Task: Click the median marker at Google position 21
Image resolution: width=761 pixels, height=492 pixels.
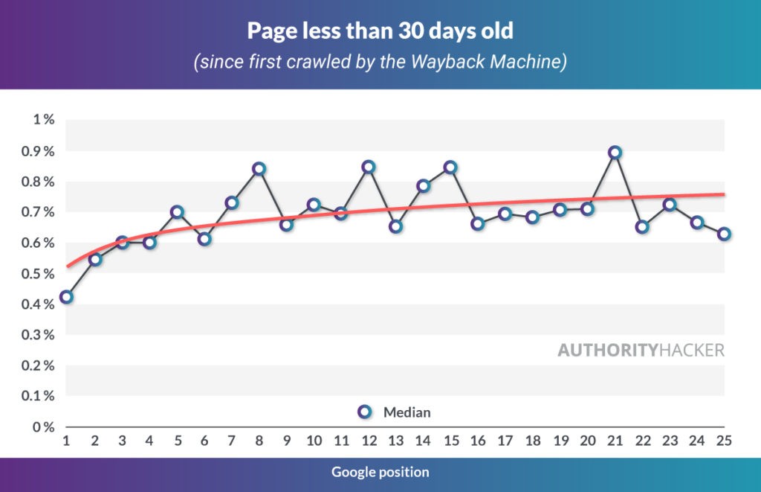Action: pos(615,153)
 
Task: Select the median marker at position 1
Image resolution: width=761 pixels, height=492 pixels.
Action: pos(66,297)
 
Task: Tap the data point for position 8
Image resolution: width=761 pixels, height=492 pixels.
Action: pos(259,169)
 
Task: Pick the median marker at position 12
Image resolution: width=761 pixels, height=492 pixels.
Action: pos(369,167)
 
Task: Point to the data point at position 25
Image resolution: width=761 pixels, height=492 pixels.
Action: pos(725,234)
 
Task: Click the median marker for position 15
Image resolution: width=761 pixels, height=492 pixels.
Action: pos(450,167)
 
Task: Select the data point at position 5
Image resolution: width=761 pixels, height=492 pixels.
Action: pos(176,212)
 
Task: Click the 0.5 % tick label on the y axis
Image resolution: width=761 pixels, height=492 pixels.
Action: pos(39,274)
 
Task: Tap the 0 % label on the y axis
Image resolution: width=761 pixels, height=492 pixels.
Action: pos(43,427)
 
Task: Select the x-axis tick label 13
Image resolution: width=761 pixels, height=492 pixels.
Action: pos(395,441)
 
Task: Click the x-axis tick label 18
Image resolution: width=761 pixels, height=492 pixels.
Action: pos(532,441)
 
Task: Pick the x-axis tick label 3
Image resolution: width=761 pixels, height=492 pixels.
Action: pos(122,441)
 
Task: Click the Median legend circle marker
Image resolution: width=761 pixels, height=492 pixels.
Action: pos(364,412)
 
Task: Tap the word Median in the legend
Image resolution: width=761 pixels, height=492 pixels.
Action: pos(407,412)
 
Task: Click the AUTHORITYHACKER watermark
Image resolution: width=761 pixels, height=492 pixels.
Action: pos(641,351)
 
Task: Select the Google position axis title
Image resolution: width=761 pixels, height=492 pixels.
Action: pos(380,472)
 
